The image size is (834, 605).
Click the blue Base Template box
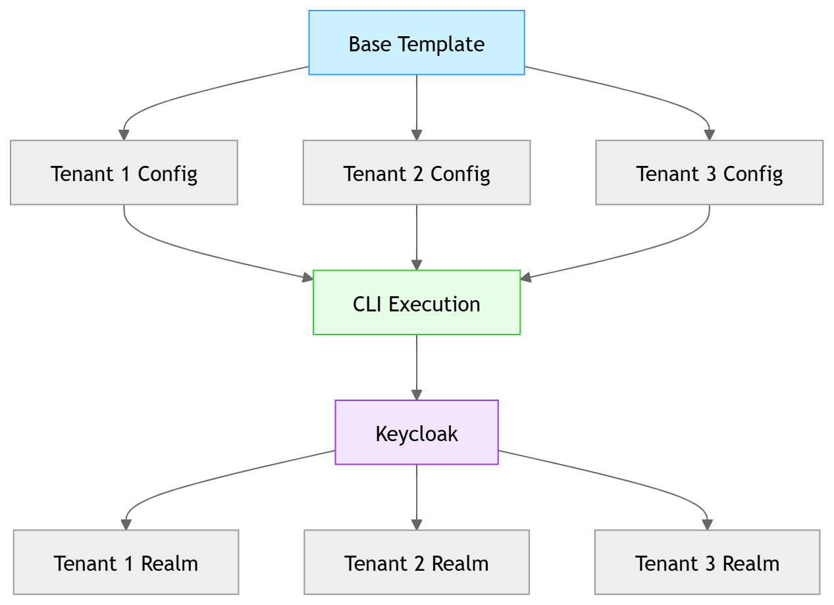(416, 43)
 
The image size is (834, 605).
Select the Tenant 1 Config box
(124, 173)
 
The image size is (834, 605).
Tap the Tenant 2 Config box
(416, 173)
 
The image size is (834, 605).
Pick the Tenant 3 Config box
(709, 173)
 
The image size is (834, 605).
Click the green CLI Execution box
(416, 303)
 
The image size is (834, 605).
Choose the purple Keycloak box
(416, 433)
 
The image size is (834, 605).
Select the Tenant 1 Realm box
(126, 563)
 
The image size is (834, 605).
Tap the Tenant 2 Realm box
(416, 563)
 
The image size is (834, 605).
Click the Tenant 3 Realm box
(707, 563)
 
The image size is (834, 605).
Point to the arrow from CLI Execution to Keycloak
(416, 365)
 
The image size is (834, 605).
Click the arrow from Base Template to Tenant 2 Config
(416, 105)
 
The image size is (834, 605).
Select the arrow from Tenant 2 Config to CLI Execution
(416, 236)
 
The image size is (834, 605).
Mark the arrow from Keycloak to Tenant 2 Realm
(416, 495)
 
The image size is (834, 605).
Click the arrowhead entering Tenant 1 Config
(124, 134)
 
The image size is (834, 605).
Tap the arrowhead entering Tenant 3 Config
(709, 134)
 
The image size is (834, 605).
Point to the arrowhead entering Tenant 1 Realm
(126, 525)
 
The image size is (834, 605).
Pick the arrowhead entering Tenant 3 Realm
(707, 525)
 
